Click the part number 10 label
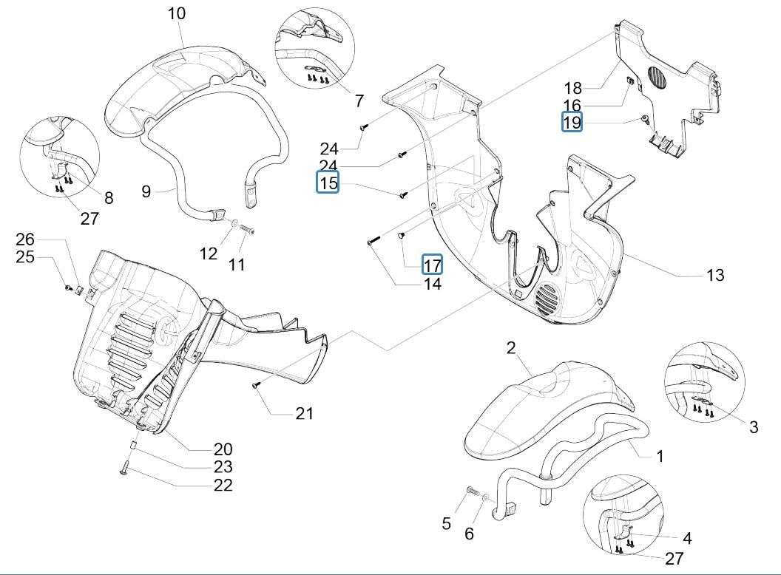click(x=177, y=13)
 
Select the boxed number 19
click(x=572, y=122)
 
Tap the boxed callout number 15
click(x=328, y=183)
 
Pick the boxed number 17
click(x=433, y=264)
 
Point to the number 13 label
click(x=714, y=275)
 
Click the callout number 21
click(x=305, y=413)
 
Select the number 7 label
click(x=359, y=101)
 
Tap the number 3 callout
click(x=753, y=426)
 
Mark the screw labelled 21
click(x=256, y=384)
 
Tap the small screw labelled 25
click(x=67, y=287)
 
